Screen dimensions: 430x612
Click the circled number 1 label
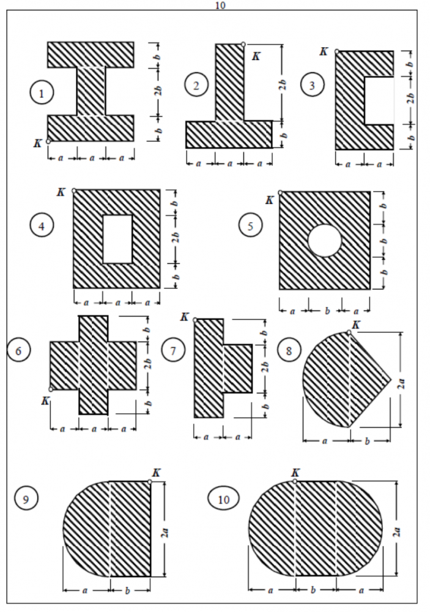42,93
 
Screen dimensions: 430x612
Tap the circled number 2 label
196,84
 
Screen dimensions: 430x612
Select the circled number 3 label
312,84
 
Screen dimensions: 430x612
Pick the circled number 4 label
42,225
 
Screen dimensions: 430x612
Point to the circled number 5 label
251,225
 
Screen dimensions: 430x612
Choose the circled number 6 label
18,351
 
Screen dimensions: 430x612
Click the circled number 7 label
173,351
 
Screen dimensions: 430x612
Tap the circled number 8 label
289,351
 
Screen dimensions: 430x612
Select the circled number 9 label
26,499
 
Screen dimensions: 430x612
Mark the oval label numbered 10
224,499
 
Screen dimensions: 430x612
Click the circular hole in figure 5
325,241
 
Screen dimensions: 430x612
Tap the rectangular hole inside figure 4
117,239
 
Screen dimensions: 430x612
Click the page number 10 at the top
220,5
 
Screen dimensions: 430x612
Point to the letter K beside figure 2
256,56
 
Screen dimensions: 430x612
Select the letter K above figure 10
295,472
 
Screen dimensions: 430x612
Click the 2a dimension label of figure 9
166,532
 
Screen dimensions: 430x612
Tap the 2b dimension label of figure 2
284,84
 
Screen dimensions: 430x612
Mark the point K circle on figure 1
48,141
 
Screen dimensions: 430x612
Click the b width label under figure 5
327,311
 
